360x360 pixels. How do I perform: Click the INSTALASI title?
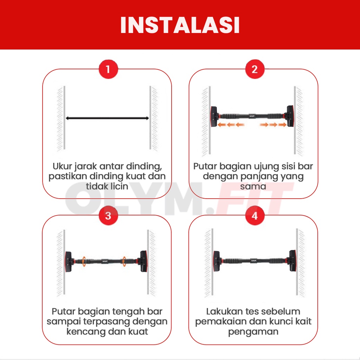click(180, 25)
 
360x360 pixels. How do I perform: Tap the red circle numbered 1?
click(108, 69)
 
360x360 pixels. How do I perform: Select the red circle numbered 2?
click(255, 69)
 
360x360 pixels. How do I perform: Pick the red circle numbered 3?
click(108, 216)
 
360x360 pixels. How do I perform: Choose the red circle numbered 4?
click(255, 216)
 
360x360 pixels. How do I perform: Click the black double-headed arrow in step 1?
click(107, 118)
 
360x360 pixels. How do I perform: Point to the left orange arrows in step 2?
click(231, 125)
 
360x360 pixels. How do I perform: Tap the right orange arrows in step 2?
click(273, 125)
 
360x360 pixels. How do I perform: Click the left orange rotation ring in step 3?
click(84, 261)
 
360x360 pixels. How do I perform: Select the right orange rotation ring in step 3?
click(124, 261)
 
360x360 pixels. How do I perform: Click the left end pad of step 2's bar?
click(214, 116)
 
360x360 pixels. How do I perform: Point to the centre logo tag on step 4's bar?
click(253, 261)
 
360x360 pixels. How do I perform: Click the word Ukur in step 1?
click(62, 166)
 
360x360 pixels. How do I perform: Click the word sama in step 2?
click(253, 186)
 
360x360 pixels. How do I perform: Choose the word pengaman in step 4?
click(253, 332)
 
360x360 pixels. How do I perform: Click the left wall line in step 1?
click(64, 118)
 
